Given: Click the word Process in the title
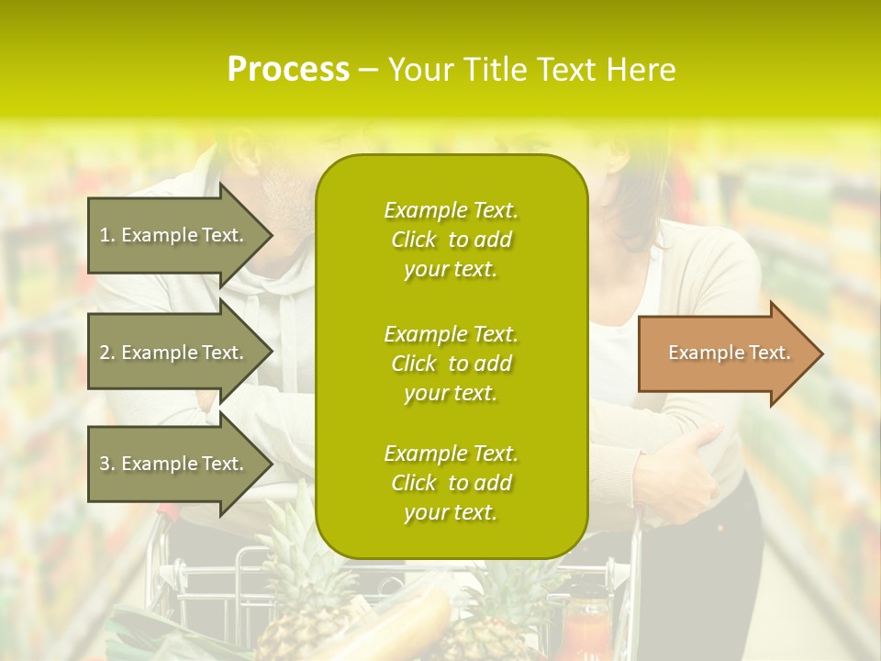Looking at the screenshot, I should [x=288, y=70].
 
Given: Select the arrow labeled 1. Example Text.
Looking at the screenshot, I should [x=174, y=235].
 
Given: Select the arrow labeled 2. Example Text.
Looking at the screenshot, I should [x=174, y=353].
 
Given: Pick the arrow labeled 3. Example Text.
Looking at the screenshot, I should [x=174, y=464].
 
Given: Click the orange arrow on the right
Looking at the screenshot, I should [x=725, y=353].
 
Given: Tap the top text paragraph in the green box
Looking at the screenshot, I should [x=451, y=240].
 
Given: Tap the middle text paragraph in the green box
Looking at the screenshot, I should [x=451, y=364].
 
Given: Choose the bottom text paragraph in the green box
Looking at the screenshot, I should [x=451, y=483].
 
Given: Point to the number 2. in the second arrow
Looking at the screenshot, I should [x=107, y=353].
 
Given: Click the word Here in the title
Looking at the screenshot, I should [x=642, y=70].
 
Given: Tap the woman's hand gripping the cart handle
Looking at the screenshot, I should [x=679, y=477].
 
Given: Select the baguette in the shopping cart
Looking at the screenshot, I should [x=404, y=624].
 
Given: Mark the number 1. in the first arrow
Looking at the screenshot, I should [x=107, y=235].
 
